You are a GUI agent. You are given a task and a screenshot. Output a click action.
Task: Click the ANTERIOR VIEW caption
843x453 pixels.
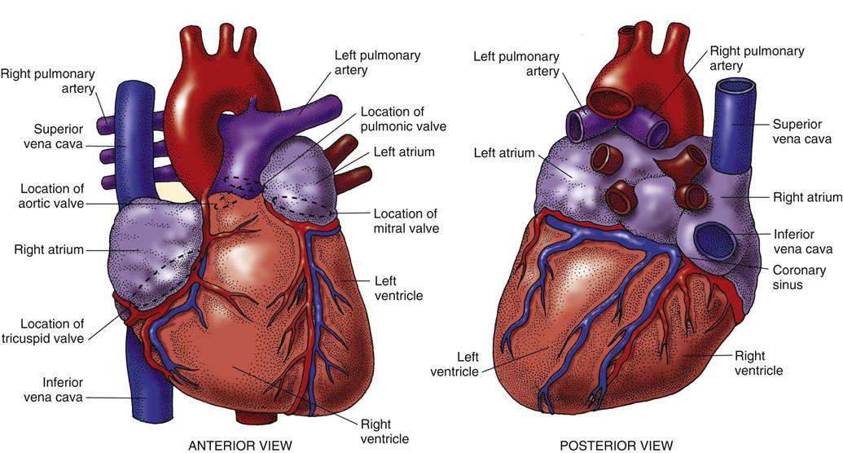click(239, 446)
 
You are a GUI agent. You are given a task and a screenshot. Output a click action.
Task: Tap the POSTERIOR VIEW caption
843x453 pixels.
click(616, 446)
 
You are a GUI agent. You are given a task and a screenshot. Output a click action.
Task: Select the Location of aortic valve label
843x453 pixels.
click(51, 196)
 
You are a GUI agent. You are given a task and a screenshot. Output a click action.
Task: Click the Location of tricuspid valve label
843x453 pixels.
click(43, 331)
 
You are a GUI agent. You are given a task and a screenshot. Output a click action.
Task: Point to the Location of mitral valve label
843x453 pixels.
click(406, 221)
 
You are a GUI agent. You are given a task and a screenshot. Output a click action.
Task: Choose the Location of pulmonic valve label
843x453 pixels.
click(403, 119)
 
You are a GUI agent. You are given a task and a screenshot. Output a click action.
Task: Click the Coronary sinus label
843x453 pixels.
click(799, 277)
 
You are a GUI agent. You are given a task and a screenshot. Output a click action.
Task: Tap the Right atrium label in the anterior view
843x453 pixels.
click(49, 249)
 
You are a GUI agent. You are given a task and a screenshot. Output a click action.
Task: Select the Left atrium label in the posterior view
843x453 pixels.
click(504, 153)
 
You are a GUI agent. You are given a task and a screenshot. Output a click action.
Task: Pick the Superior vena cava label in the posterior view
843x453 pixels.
click(797, 131)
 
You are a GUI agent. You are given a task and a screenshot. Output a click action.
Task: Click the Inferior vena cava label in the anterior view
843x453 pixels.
click(53, 390)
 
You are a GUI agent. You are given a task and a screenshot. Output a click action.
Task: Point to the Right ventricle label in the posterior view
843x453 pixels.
click(758, 363)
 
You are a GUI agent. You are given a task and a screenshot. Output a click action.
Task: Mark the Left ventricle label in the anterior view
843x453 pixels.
click(398, 288)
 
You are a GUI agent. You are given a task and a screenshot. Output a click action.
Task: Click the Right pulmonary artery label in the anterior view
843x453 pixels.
click(48, 81)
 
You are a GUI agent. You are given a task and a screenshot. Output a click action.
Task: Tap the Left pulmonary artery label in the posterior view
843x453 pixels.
click(516, 64)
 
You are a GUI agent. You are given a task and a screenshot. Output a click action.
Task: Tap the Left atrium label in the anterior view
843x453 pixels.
click(404, 152)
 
